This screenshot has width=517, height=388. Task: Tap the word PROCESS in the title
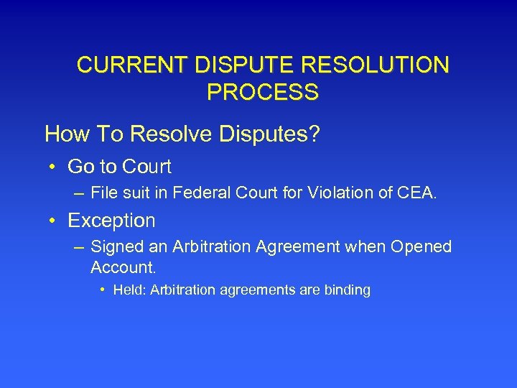click(x=262, y=93)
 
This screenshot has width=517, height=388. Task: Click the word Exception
click(x=111, y=220)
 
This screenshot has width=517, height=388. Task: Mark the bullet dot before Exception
click(x=54, y=220)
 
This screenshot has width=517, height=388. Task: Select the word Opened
click(x=421, y=247)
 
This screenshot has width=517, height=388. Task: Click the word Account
click(x=124, y=268)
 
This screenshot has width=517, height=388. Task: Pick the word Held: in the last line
click(x=130, y=291)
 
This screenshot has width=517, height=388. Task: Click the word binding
click(x=347, y=291)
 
